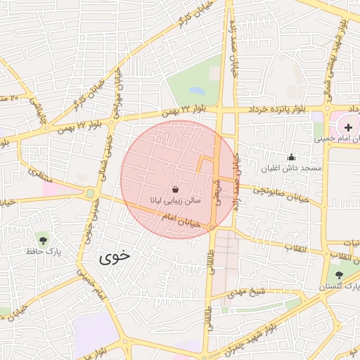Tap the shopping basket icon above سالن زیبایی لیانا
point(174,189)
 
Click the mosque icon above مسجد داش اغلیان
point(291,157)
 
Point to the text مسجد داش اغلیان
point(292,168)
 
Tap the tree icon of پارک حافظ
point(44,240)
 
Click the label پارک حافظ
point(44,251)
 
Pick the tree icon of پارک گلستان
point(340,275)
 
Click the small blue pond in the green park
point(197,91)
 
